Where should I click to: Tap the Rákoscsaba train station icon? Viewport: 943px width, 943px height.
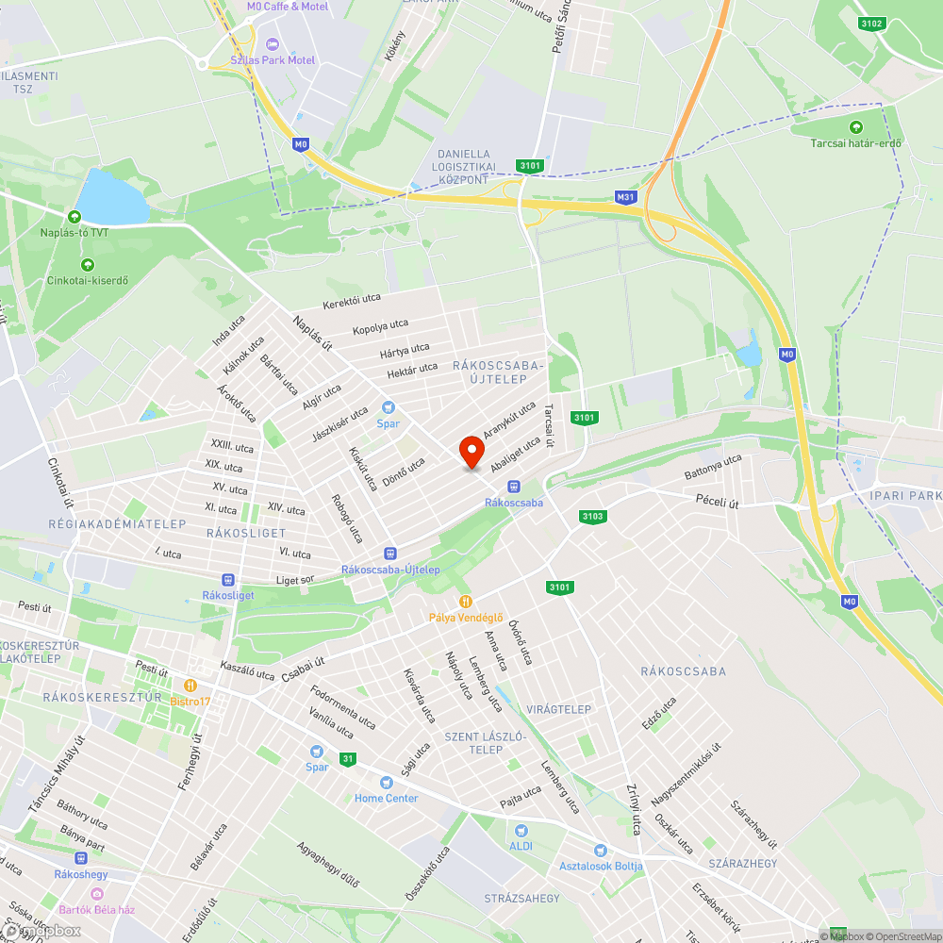(x=513, y=487)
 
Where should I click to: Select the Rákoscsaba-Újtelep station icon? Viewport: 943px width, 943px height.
(x=389, y=553)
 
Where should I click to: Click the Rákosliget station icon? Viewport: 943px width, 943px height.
(x=226, y=579)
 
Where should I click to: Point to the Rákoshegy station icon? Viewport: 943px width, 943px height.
(x=81, y=858)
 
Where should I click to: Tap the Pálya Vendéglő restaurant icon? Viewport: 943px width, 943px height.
(x=465, y=601)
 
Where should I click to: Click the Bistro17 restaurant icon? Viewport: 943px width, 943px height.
(x=190, y=685)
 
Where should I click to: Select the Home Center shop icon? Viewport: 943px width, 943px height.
(x=386, y=782)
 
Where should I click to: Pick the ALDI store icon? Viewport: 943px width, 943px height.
(x=521, y=830)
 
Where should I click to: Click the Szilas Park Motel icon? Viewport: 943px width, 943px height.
(x=273, y=44)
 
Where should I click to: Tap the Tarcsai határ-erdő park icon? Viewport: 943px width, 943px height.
(x=856, y=127)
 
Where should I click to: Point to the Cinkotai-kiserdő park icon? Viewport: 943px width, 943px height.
(x=88, y=264)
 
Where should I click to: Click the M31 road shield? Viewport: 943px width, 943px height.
(x=624, y=197)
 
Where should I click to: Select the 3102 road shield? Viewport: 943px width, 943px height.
(x=871, y=24)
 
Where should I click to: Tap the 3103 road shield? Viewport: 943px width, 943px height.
(x=592, y=516)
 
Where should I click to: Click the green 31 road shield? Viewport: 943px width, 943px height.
(x=349, y=759)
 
